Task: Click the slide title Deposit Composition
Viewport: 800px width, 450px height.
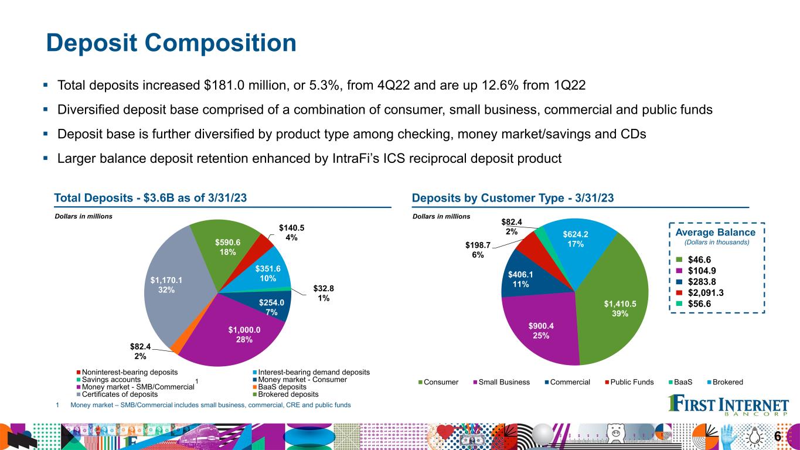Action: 171,43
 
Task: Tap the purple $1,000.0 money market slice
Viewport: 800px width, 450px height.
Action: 236,332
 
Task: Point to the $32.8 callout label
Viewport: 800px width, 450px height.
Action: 324,293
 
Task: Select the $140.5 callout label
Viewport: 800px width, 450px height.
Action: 291,233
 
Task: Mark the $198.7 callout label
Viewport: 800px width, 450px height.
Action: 478,250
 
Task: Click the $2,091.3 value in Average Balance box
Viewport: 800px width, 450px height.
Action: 706,293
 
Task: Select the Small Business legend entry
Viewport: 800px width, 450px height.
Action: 501,382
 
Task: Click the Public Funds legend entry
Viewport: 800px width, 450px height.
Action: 629,382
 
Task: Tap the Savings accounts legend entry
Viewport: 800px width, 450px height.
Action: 108,380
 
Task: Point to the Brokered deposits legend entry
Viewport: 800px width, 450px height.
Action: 286,394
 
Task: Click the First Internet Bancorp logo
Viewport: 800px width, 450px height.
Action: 728,405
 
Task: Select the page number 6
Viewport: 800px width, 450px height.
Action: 778,437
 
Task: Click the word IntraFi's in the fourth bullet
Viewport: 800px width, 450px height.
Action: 356,158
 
